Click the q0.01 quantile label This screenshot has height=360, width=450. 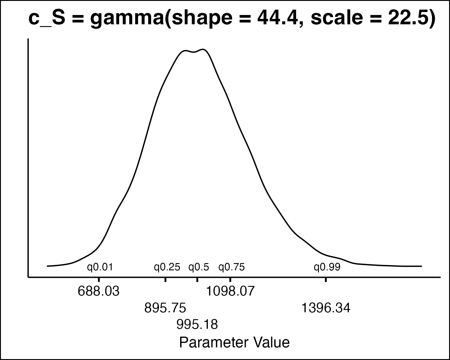click(100, 267)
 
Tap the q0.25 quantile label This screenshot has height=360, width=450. click(167, 267)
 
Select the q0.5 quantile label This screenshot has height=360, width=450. click(199, 267)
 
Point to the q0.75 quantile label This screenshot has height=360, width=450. click(232, 267)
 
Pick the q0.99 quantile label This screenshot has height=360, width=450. click(327, 267)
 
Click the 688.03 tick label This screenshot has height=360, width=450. click(99, 291)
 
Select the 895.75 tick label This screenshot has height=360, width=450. click(165, 308)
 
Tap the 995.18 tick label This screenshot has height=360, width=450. click(197, 324)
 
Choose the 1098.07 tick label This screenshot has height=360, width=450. click(230, 291)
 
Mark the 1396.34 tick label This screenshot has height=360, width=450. click(326, 308)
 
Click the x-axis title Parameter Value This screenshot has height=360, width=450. click(234, 342)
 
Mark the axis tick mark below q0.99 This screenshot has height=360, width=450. click(326, 280)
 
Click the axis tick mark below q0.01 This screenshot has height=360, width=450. click(99, 280)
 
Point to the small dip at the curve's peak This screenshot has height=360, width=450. click(194, 52)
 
